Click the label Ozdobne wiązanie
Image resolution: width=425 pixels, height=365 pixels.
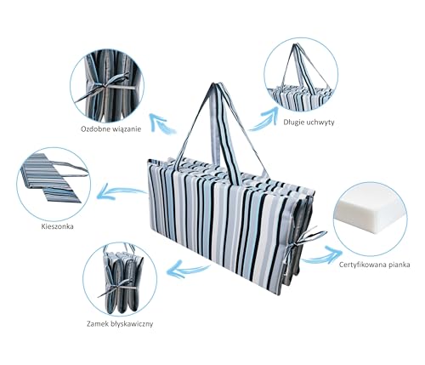coord(110,129)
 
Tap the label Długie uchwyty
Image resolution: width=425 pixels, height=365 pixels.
coord(309,123)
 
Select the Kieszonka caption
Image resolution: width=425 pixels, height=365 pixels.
coord(57,226)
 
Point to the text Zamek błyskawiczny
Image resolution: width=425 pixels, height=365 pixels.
coord(120,324)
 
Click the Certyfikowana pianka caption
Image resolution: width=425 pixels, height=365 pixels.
coord(374,265)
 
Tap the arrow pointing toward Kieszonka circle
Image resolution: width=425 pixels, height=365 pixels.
coord(121,191)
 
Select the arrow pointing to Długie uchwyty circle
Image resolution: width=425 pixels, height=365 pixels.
coord(264,119)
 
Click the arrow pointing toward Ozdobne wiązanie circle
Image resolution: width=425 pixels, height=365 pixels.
coord(162,123)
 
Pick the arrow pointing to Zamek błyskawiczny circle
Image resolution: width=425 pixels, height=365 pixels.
coord(187,269)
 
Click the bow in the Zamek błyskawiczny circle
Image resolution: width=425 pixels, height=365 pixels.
coord(117,287)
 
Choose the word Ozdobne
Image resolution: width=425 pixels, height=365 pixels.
coord(93,129)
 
